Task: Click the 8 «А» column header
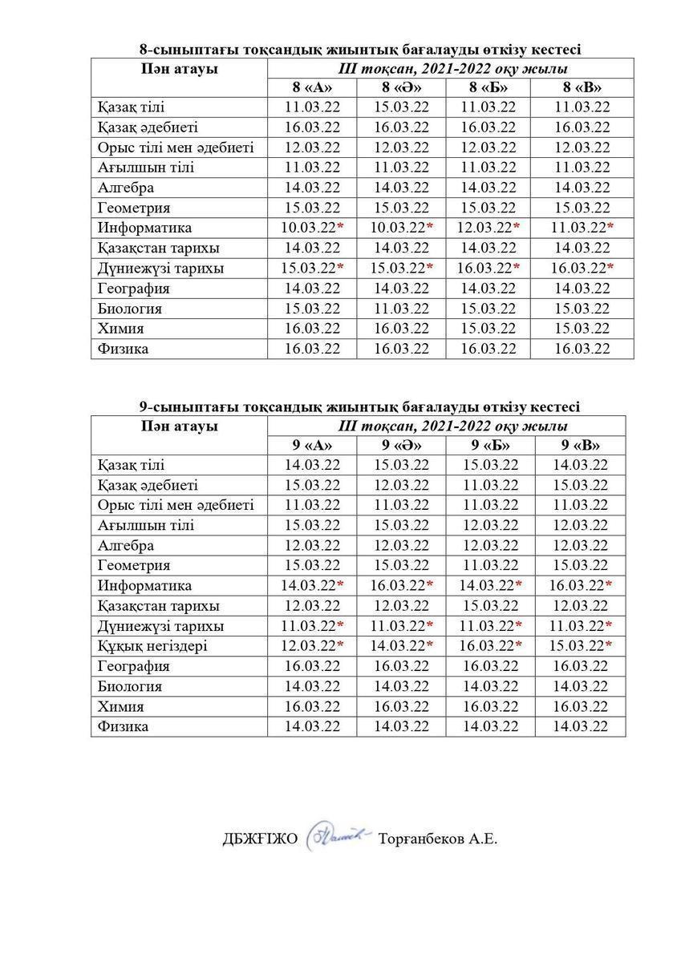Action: pos(311,88)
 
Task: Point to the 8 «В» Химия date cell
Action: pos(582,329)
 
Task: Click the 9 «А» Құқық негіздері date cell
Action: pos(311,646)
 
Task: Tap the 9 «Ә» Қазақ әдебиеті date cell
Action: pos(401,486)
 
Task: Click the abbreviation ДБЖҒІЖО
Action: pos(260,839)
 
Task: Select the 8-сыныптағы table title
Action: pos(360,50)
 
